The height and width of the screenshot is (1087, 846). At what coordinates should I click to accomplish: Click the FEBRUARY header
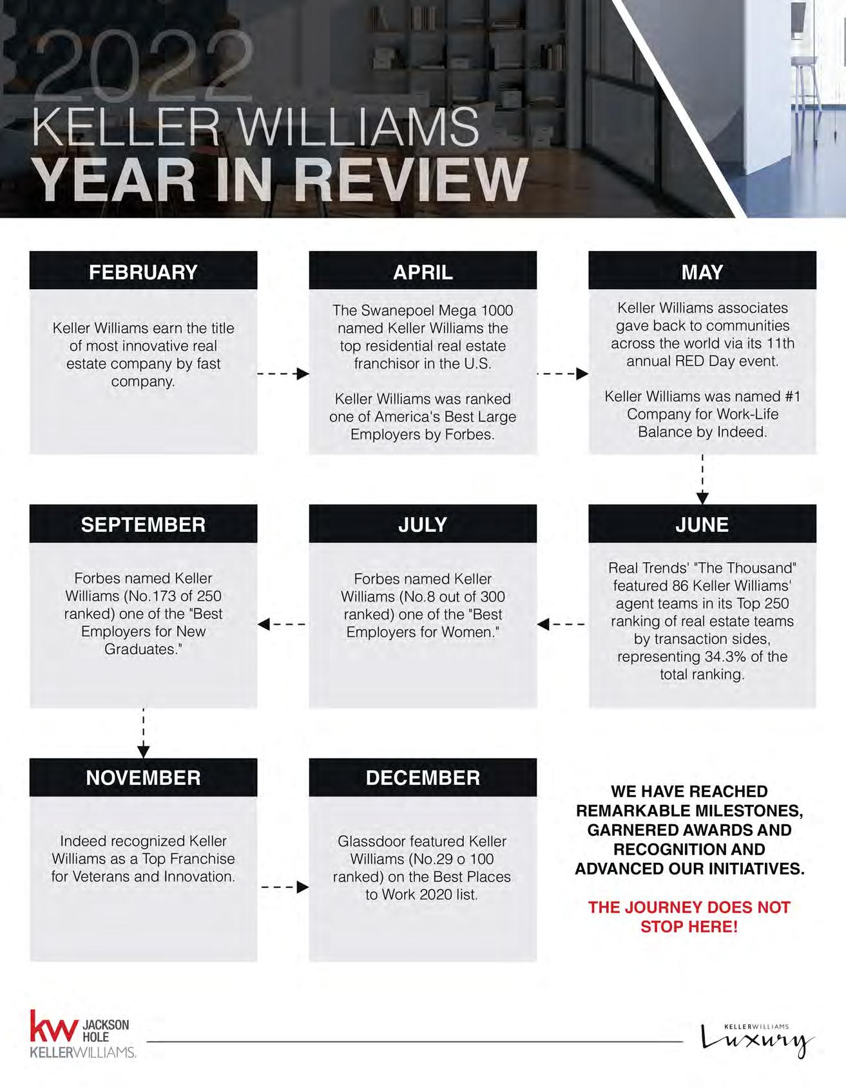(143, 272)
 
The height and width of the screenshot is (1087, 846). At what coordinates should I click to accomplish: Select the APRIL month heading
(423, 272)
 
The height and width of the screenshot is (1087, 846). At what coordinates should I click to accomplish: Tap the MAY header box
(702, 272)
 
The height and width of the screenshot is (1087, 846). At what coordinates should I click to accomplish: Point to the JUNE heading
(702, 524)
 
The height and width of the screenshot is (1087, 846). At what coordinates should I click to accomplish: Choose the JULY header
(423, 524)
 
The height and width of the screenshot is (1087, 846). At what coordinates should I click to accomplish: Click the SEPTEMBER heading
(143, 524)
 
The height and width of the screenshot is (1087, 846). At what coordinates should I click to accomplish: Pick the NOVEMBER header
(143, 777)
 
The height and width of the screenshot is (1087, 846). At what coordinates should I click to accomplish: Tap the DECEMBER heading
(423, 777)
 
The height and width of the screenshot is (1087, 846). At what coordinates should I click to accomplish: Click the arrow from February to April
(284, 373)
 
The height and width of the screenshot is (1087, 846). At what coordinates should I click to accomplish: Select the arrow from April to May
(562, 373)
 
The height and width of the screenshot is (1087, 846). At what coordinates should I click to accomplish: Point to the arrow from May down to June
(702, 480)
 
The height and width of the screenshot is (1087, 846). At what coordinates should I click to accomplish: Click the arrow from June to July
(561, 624)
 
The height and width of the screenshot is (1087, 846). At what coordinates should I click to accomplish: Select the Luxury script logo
(757, 1040)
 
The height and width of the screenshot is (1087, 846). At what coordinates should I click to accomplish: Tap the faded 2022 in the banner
(145, 68)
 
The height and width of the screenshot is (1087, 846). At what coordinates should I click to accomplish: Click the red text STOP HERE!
(689, 927)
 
